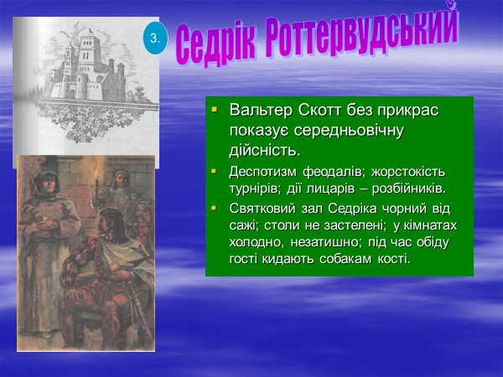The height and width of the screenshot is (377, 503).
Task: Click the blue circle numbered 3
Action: (155, 39)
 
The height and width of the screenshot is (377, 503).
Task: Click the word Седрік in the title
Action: (216, 44)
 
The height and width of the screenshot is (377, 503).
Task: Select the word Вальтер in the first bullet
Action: (261, 110)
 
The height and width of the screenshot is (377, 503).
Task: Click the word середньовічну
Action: (349, 131)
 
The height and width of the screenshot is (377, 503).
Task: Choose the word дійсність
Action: (265, 150)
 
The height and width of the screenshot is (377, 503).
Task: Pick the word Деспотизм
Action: (262, 172)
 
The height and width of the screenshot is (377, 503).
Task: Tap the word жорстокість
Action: (408, 172)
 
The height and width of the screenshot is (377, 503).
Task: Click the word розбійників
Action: (409, 188)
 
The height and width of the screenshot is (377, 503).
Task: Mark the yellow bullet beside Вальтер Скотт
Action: (215, 110)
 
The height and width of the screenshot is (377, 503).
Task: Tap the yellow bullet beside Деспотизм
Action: (214, 171)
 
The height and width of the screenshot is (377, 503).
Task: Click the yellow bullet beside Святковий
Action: (214, 209)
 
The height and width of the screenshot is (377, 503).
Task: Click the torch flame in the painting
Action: (96, 170)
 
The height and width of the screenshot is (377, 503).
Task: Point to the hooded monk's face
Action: (44, 183)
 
